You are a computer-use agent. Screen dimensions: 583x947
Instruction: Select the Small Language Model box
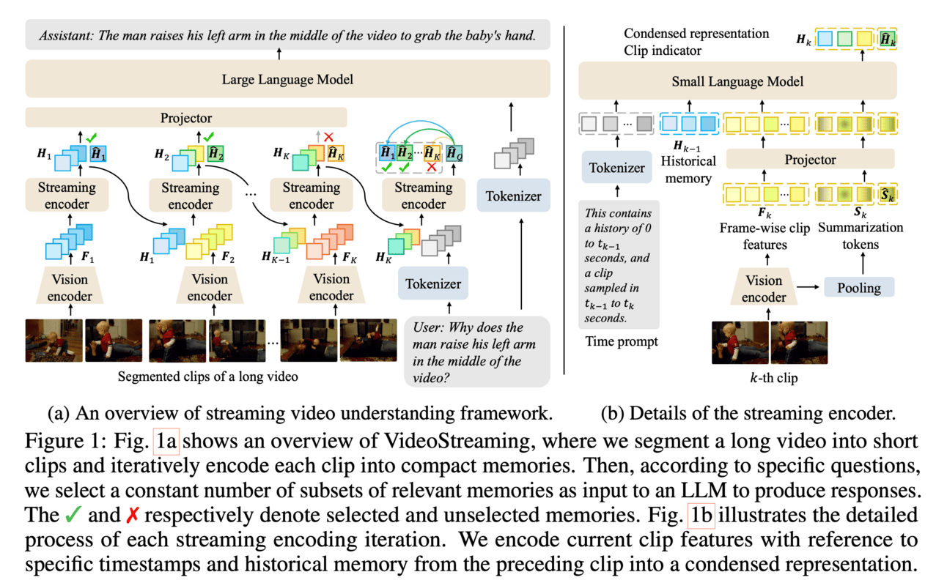738,81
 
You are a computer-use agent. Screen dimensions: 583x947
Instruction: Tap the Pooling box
859,287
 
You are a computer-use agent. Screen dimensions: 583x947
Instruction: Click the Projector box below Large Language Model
186,118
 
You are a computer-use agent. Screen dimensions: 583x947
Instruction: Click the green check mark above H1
91,136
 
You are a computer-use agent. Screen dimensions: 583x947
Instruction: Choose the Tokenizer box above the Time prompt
617,168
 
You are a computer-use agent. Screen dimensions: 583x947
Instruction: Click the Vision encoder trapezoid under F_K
331,287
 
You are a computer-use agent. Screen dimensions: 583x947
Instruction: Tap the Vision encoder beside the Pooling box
764,289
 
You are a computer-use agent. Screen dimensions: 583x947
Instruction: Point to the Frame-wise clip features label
764,236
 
